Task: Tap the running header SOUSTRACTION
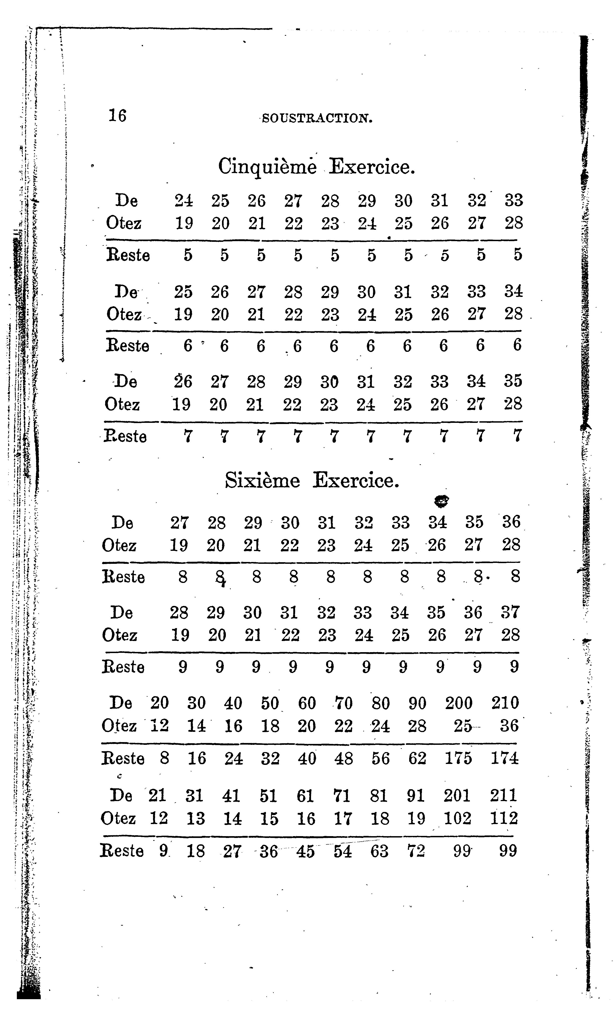click(x=317, y=119)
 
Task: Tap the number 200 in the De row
click(x=459, y=703)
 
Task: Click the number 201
click(x=457, y=795)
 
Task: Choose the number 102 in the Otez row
click(x=457, y=818)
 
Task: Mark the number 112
click(x=504, y=818)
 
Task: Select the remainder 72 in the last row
click(x=416, y=851)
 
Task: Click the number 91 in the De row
click(x=416, y=795)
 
